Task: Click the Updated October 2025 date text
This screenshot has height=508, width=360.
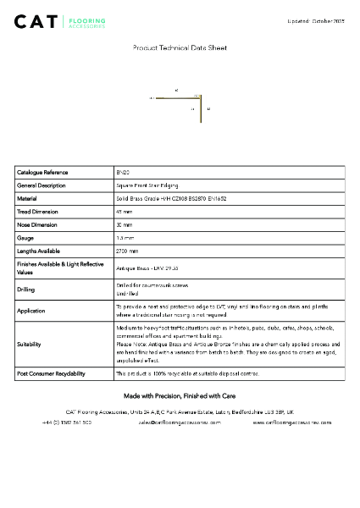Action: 315,19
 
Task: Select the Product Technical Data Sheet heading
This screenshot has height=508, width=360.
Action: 180,48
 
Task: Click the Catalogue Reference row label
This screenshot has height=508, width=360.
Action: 42,172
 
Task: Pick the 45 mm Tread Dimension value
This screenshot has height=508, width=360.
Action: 125,212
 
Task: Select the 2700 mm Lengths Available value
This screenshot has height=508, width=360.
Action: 127,251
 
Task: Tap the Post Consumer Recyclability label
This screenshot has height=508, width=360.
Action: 51,373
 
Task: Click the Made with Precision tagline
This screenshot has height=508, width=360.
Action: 180,395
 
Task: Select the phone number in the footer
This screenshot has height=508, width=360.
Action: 67,421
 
